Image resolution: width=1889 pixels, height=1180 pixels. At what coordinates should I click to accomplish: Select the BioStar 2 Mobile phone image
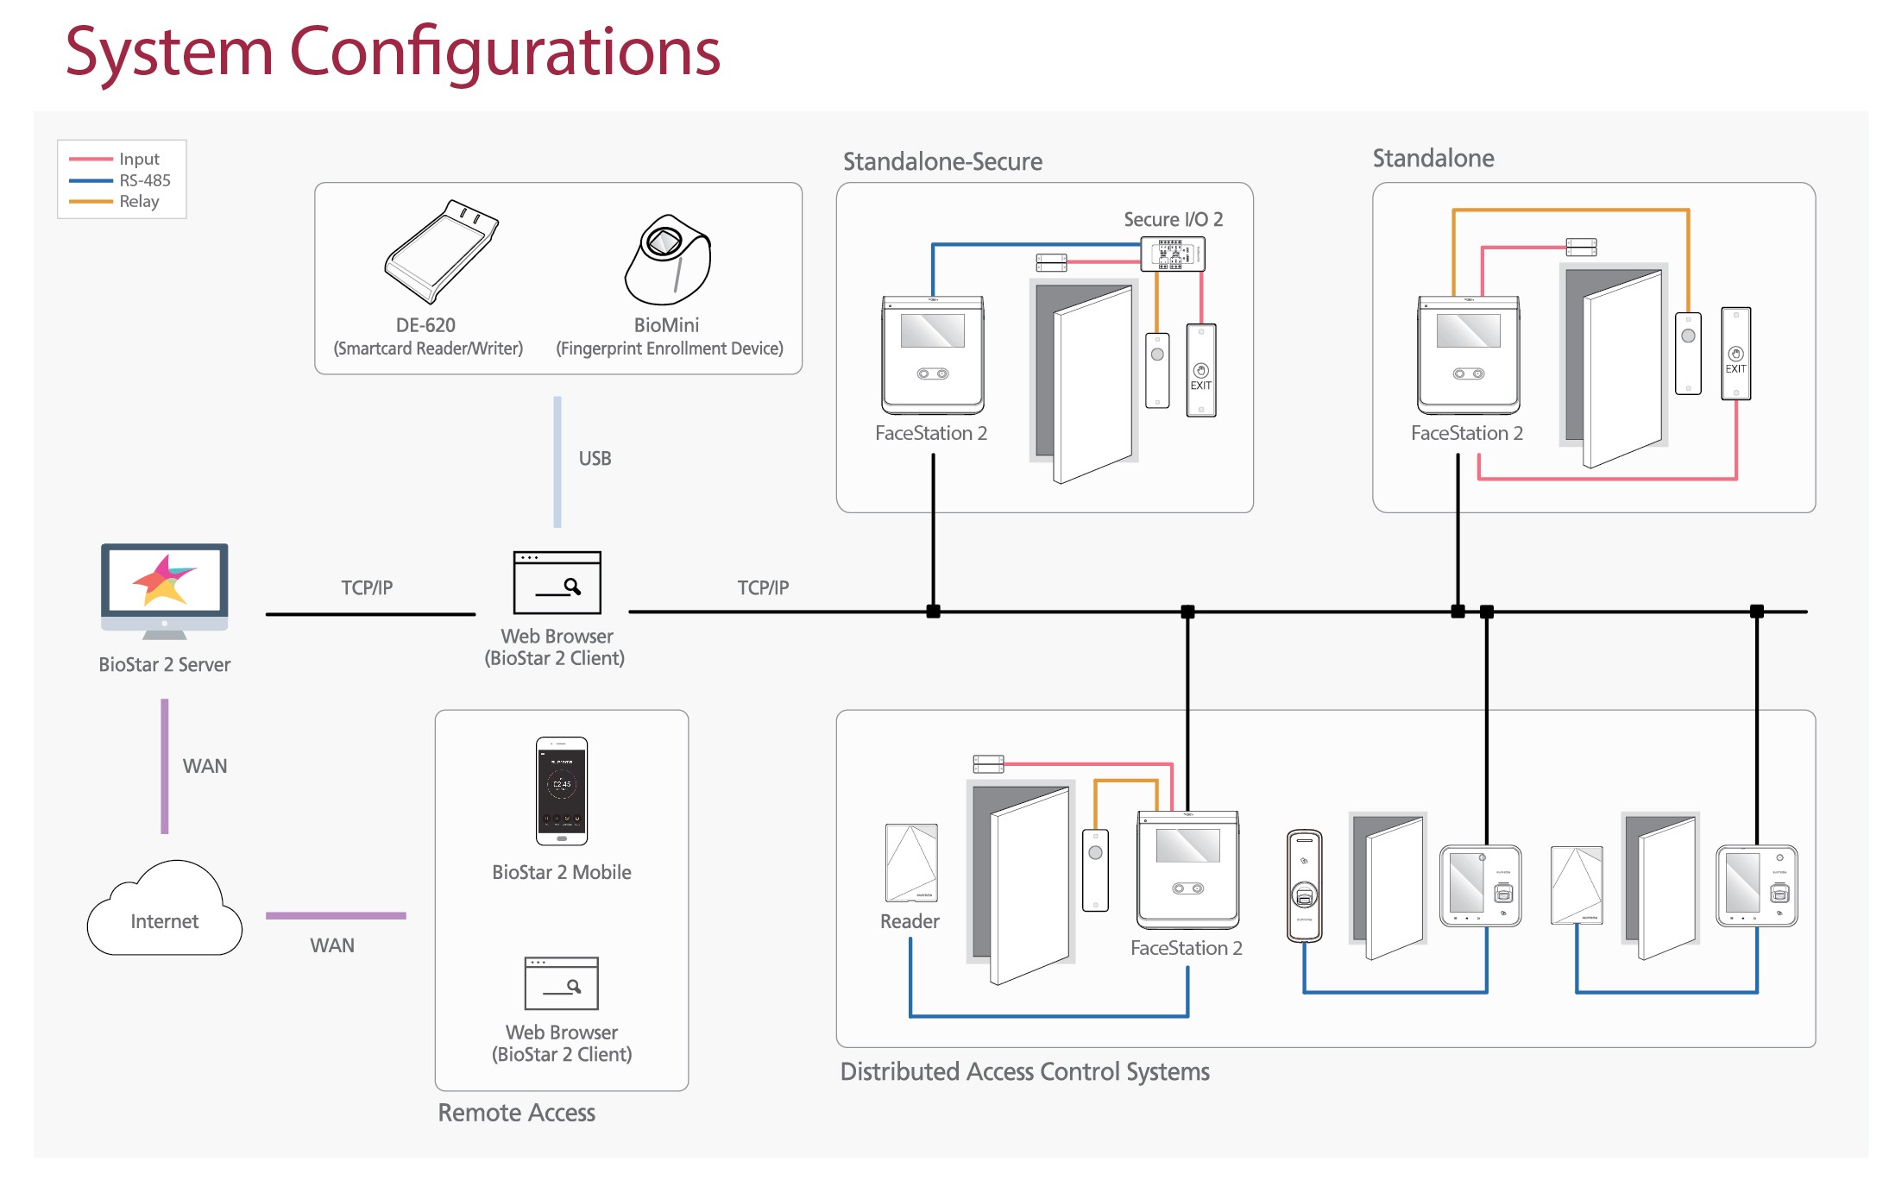(562, 790)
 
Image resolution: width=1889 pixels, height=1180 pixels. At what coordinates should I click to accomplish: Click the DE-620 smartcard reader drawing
(441, 252)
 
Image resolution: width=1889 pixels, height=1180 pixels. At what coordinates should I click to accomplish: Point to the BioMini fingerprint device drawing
(668, 260)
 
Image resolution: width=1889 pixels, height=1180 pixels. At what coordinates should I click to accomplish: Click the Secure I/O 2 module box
(1173, 254)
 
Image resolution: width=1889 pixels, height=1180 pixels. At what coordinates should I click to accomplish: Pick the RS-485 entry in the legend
(144, 180)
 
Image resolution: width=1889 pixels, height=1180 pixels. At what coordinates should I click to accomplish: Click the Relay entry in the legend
(139, 201)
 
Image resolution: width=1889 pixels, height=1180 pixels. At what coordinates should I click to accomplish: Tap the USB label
(595, 458)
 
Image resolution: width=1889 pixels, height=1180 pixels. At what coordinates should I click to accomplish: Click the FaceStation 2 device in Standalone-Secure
(932, 355)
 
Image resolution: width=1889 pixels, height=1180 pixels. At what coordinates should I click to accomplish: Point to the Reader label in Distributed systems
(910, 921)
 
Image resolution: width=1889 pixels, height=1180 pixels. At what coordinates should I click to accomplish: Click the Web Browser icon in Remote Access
(562, 982)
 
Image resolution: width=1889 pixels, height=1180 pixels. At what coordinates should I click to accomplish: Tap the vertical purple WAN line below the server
(165, 766)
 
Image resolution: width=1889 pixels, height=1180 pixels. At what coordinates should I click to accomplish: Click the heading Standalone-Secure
(942, 161)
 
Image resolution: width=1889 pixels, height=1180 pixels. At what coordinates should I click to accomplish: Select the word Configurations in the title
(505, 52)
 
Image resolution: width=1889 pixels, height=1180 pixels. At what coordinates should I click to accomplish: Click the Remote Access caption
(516, 1113)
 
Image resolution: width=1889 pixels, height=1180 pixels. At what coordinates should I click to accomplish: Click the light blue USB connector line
(557, 461)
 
